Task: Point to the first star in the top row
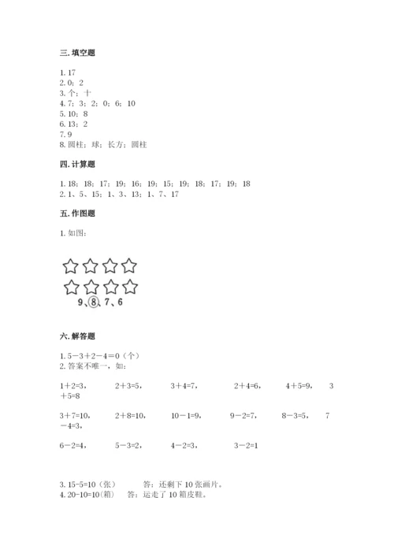coord(72,266)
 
